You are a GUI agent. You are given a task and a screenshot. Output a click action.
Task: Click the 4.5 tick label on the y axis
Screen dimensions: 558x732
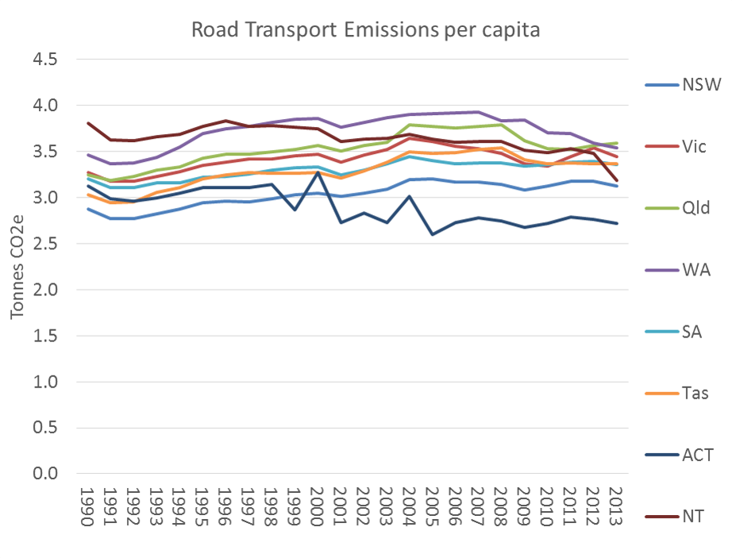point(46,60)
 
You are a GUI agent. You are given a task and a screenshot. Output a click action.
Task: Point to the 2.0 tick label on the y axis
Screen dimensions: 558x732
point(46,290)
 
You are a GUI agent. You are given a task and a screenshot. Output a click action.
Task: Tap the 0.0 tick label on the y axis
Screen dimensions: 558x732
point(46,474)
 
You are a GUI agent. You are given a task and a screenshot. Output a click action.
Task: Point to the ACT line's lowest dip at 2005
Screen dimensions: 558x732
point(433,234)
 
